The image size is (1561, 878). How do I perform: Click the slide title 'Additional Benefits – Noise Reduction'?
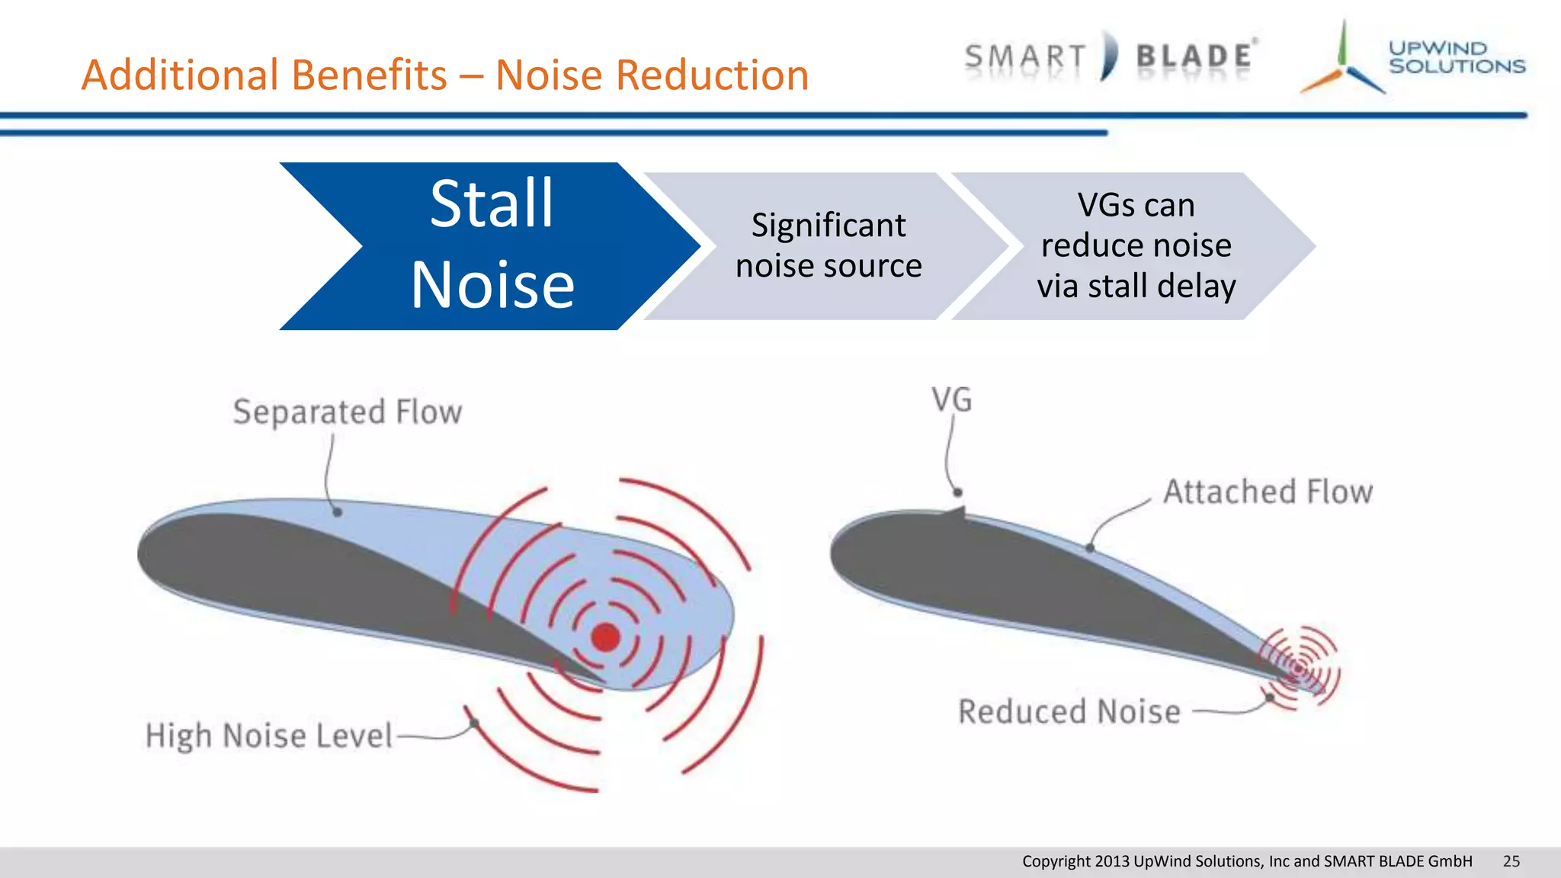445,75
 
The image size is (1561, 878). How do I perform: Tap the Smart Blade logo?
1110,56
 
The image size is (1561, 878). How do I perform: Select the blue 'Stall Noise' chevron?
492,245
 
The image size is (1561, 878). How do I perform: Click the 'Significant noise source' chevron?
829,245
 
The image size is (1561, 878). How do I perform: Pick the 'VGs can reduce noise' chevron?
1136,245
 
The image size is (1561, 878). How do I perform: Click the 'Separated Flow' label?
348,412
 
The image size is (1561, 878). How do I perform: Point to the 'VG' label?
952,400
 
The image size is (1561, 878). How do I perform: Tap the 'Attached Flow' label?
1268,492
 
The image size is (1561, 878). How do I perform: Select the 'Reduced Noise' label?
1069,712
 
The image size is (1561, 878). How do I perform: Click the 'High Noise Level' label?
269,736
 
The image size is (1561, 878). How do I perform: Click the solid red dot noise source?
606,637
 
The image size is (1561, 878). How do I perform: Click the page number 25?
1511,861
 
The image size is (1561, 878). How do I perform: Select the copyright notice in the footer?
1246,861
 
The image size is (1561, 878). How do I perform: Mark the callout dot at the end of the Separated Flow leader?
337,512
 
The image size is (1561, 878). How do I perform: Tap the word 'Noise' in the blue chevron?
492,286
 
